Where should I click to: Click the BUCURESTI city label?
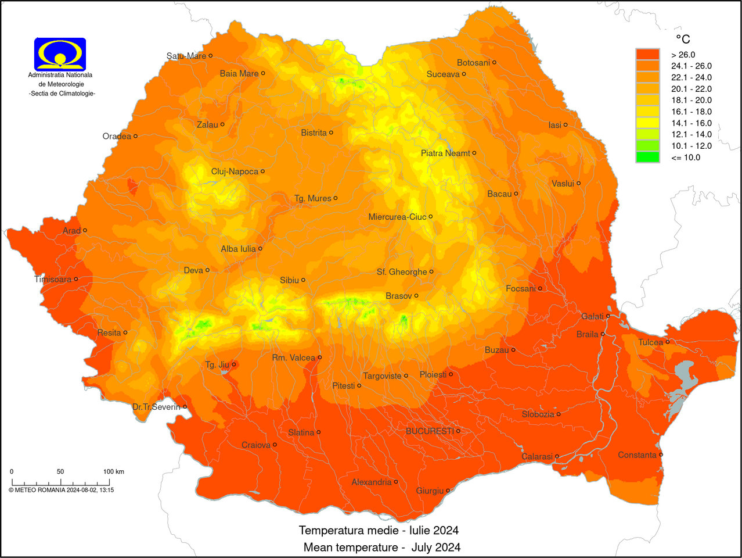point(430,431)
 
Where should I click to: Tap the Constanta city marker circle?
point(661,455)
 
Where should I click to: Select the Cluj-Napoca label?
point(235,171)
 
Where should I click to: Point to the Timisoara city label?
point(53,280)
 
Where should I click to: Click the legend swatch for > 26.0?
point(647,55)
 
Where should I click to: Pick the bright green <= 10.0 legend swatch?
point(647,157)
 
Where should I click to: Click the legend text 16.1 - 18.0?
point(691,112)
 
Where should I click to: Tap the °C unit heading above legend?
point(683,39)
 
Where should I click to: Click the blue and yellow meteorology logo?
point(60,54)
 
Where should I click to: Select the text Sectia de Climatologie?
point(62,94)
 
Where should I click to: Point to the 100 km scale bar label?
point(114,471)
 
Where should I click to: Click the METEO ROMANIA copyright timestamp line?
point(62,490)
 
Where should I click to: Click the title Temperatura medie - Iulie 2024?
point(379,530)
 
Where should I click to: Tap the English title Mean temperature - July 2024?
point(381,548)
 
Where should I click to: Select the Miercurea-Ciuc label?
point(397,217)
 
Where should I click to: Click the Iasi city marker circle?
point(565,125)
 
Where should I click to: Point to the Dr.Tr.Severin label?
point(156,407)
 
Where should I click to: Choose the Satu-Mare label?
point(186,56)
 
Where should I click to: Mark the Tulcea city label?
point(650,342)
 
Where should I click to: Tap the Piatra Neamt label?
point(445,153)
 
